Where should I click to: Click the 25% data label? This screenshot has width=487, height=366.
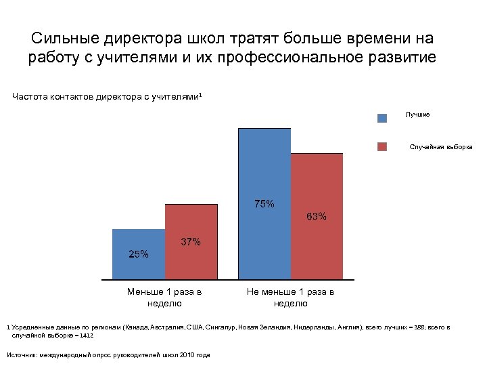(x=139, y=254)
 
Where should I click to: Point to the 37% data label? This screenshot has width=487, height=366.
(x=190, y=242)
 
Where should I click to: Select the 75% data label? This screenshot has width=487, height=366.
(x=264, y=203)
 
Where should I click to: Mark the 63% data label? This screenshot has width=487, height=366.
(x=317, y=217)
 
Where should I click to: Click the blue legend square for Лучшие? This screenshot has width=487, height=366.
(x=382, y=117)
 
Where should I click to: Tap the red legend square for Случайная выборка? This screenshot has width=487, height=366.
(x=382, y=146)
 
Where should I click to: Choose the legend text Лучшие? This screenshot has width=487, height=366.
(x=417, y=115)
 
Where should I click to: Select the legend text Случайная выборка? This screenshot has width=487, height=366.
(x=441, y=147)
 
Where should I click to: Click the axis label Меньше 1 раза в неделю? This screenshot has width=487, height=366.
(x=164, y=298)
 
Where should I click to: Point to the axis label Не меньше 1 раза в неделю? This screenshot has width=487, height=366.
(x=290, y=298)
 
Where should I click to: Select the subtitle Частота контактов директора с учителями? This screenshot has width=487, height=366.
(x=107, y=97)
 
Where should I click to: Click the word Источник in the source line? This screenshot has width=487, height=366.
(x=21, y=354)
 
